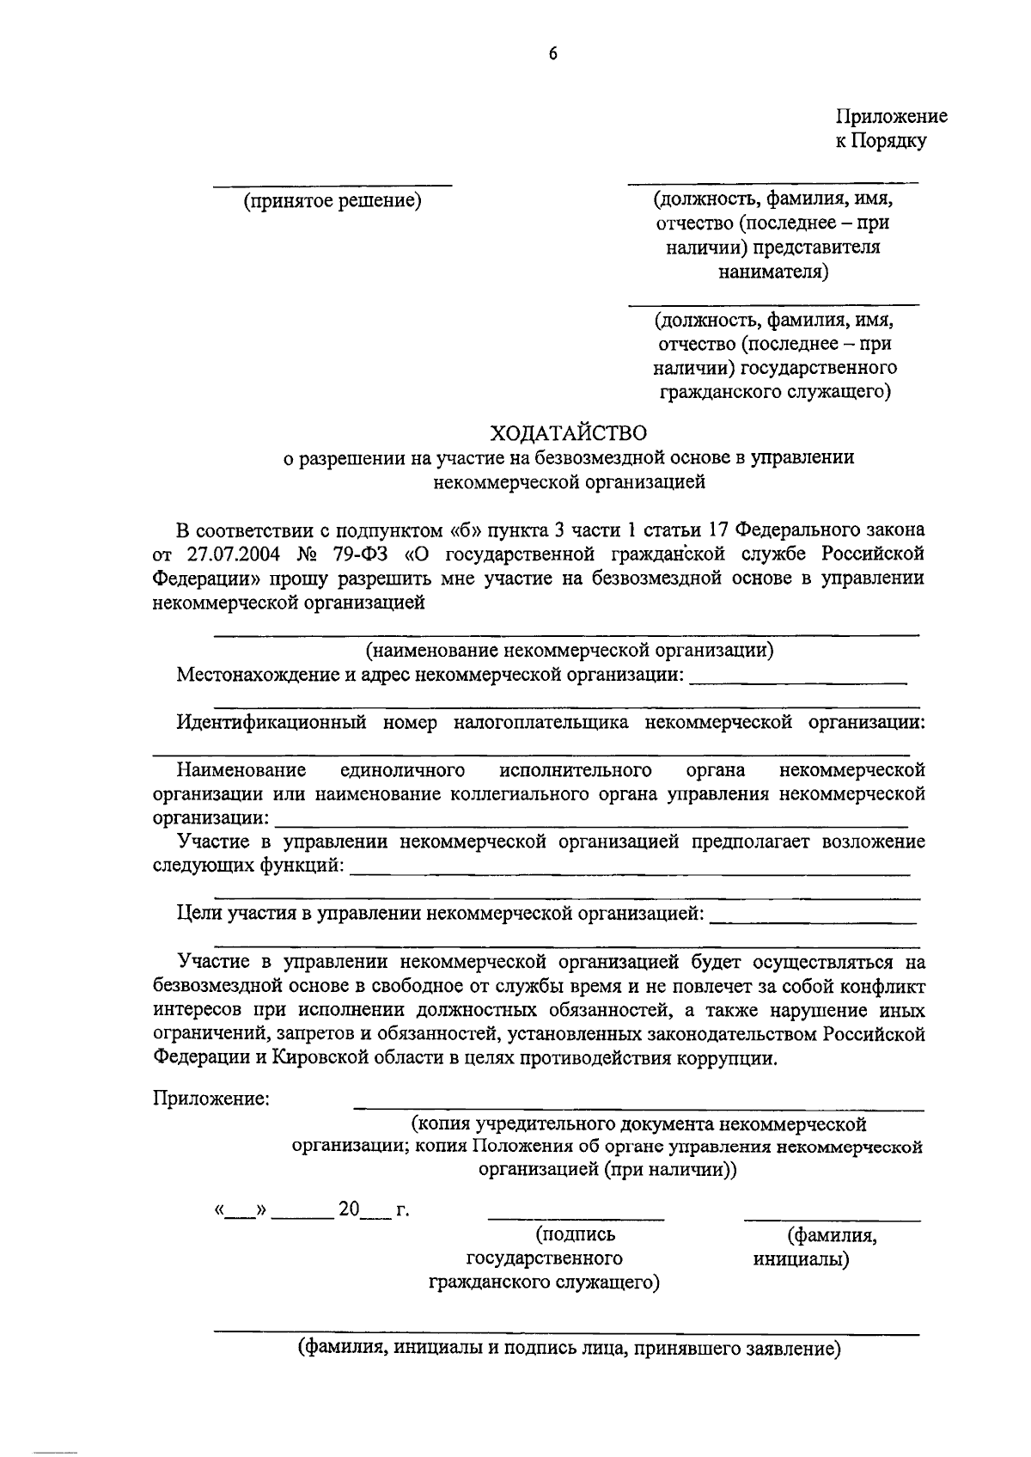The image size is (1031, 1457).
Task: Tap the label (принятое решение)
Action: click(332, 201)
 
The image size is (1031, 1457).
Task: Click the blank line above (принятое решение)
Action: click(332, 184)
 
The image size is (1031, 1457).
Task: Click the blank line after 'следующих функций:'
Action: click(631, 873)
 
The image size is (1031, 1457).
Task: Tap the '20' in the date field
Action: click(349, 1210)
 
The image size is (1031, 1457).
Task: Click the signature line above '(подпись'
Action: click(576, 1218)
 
